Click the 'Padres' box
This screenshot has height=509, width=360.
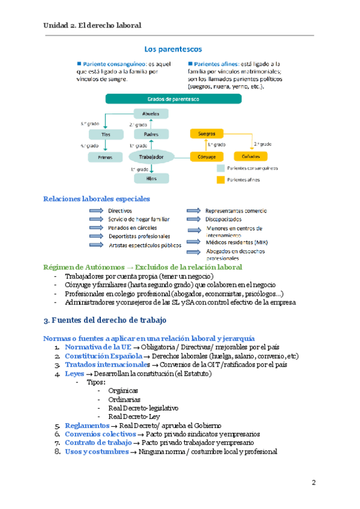coord(151,134)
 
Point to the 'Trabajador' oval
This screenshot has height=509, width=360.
coord(151,157)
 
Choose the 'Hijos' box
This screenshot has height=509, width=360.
coord(151,178)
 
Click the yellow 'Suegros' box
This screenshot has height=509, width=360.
coord(206,133)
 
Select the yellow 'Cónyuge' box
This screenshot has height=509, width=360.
coord(206,157)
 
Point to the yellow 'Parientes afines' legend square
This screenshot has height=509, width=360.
coord(221,179)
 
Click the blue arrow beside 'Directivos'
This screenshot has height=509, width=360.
coord(96,211)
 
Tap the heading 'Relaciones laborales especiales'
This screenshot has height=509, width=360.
coord(97,199)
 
